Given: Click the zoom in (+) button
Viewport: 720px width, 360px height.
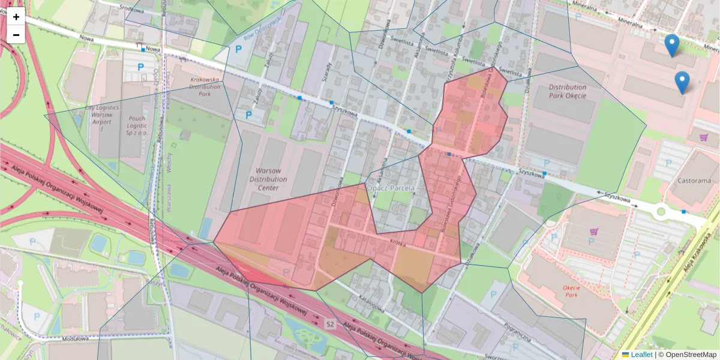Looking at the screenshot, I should coord(16,17).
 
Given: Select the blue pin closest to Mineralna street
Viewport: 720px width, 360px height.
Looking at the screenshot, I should coord(672,46).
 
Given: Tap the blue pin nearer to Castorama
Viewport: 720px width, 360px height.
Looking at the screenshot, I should coord(682,83).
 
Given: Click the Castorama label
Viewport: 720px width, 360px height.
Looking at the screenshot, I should coord(694,180).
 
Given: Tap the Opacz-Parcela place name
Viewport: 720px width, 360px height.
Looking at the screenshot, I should coord(392,188).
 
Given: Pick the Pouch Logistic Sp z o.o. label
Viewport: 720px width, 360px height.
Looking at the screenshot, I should coord(137,122).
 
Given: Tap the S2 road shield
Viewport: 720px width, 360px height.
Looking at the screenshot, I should coord(329,324).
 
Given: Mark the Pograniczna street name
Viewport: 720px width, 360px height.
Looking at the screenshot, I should coord(516,331).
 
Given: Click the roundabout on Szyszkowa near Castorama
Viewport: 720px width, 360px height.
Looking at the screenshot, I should coord(661,211).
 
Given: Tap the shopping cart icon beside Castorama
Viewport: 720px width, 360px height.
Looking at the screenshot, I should coord(703,137).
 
